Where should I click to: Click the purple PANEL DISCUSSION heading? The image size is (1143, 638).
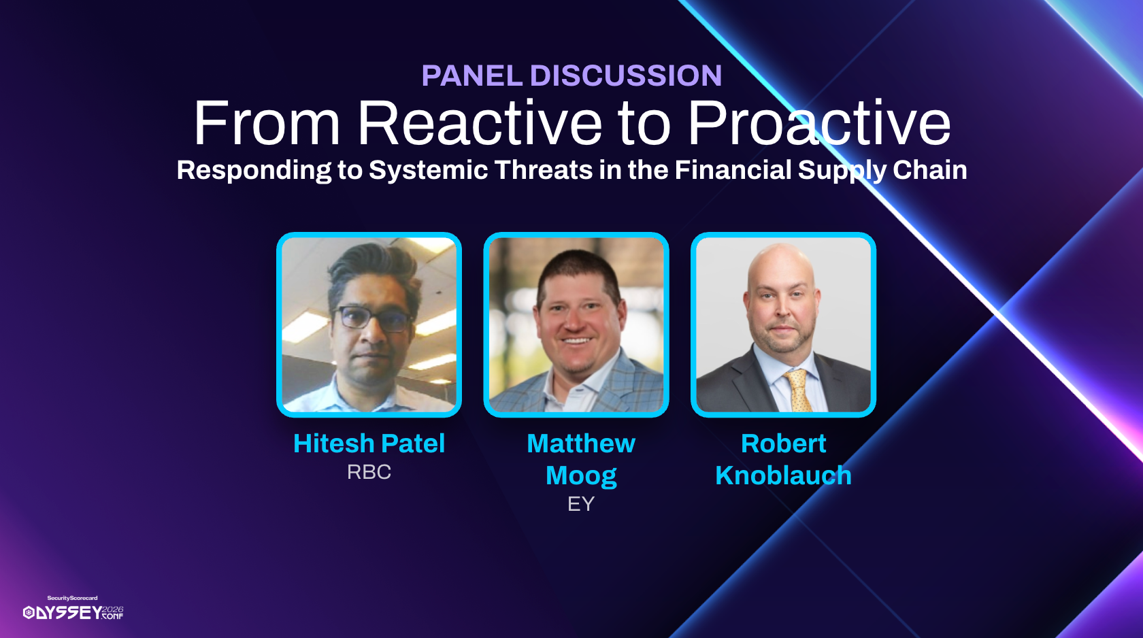571,75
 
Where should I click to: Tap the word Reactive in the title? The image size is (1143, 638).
480,123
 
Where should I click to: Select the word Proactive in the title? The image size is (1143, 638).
819,123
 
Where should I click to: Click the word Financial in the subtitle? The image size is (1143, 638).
733,170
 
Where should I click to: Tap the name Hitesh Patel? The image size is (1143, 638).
369,443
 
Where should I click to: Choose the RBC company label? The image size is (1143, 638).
369,472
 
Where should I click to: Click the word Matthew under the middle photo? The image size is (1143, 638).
581,443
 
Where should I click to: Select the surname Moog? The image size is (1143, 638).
581,476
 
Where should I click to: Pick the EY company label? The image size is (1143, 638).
581,504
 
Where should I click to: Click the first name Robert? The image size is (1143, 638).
783,443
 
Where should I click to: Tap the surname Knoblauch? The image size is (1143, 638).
783,475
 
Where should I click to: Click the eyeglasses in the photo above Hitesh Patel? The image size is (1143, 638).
374,318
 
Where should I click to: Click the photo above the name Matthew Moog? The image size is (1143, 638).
576,325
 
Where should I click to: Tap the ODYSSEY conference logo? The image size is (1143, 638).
73,612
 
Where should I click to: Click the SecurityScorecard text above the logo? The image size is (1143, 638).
72,598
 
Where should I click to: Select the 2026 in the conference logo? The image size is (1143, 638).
112,609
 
